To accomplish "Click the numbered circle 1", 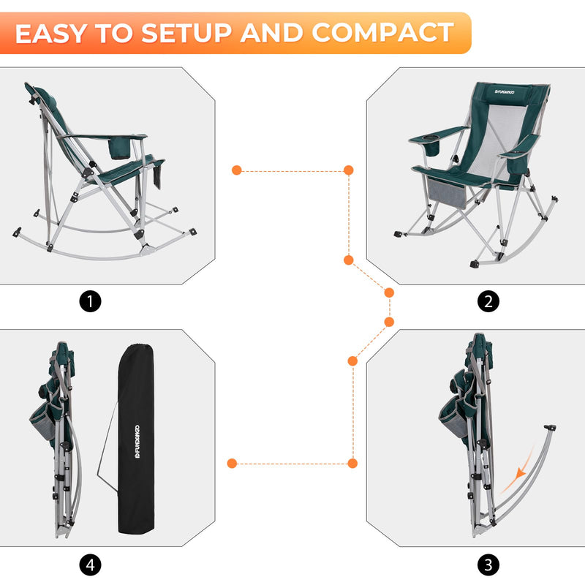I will (90, 301).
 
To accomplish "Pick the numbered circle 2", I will (488, 301).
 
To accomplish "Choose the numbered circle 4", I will (90, 565).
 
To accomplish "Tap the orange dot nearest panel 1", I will (236, 170).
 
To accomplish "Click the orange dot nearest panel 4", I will (232, 463).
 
